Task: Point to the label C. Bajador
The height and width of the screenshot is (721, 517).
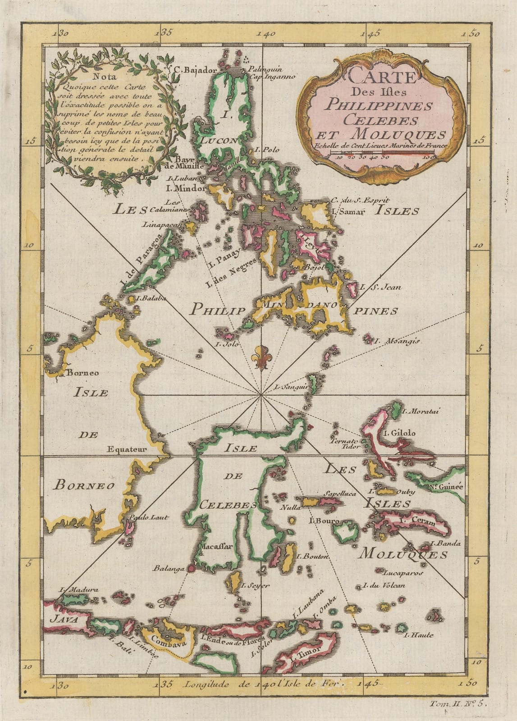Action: (x=196, y=70)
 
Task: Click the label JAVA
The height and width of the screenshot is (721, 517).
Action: (x=61, y=619)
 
